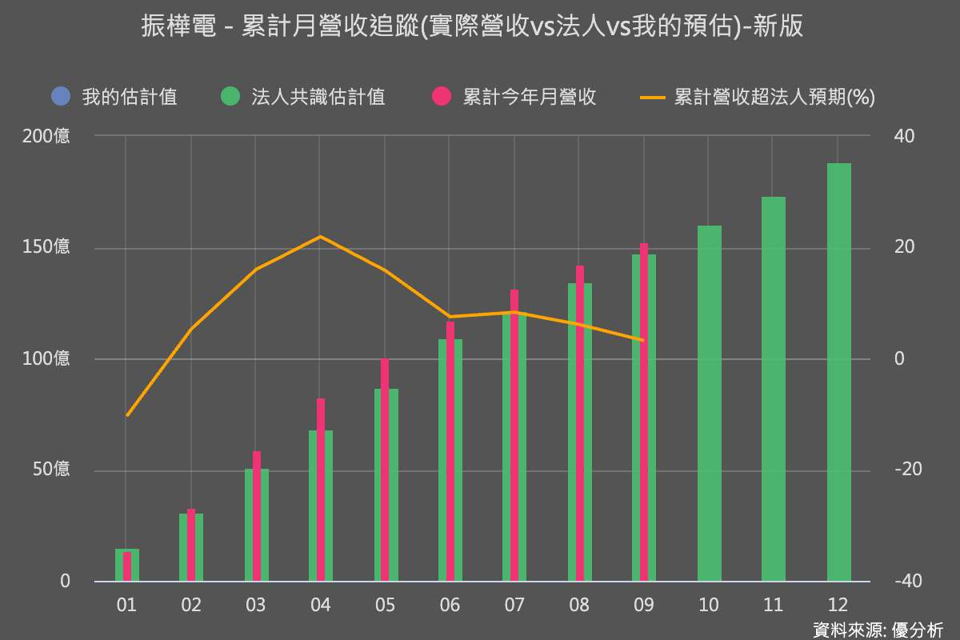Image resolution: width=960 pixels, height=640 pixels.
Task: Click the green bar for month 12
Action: click(x=838, y=372)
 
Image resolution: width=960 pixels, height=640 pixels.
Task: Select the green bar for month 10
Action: click(x=709, y=403)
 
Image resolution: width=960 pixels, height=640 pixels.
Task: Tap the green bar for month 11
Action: click(x=774, y=389)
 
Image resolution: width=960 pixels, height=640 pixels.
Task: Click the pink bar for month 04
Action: click(x=321, y=490)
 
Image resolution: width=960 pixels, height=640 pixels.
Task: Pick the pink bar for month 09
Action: click(x=644, y=412)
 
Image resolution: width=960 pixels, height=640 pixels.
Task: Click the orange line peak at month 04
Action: click(x=320, y=237)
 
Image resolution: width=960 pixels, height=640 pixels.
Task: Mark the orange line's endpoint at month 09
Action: click(x=643, y=340)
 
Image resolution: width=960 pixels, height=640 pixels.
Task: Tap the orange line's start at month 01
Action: click(x=127, y=415)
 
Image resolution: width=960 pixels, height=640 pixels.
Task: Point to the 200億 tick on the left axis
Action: click(x=46, y=136)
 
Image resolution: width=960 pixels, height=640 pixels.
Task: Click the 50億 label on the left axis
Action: click(x=51, y=470)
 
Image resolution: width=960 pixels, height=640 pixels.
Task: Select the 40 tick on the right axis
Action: click(x=904, y=136)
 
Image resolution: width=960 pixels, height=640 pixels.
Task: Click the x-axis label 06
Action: click(x=450, y=606)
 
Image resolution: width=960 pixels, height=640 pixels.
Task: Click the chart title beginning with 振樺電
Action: click(x=472, y=27)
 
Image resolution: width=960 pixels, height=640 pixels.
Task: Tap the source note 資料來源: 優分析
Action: click(x=878, y=630)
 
